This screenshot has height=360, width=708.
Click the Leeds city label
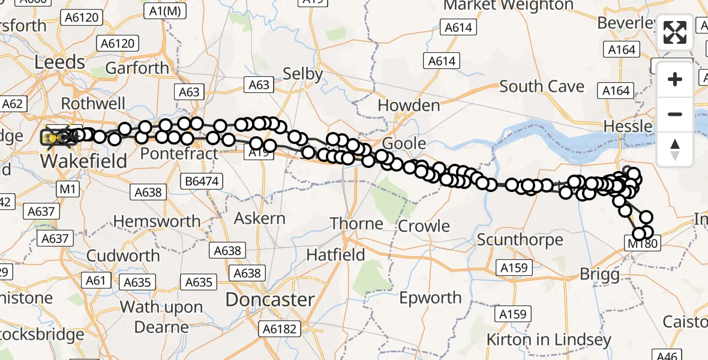[60, 62]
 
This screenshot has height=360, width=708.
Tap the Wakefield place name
[84, 160]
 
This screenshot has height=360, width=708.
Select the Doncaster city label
[270, 299]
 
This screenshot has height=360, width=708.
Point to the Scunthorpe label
[520, 240]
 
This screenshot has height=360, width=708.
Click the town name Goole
[404, 144]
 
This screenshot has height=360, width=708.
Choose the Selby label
[303, 74]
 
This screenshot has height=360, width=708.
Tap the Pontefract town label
[179, 154]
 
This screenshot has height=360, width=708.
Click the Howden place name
[409, 106]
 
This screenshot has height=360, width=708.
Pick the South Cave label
[542, 86]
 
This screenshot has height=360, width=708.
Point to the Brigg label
[599, 275]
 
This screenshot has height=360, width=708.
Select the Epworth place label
[430, 298]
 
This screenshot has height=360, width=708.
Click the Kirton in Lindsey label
[548, 340]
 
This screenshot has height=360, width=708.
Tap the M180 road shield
[642, 244]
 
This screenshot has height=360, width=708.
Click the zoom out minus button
[675, 114]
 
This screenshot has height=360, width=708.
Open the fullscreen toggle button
[675, 32]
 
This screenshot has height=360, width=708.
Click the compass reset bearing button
[675, 149]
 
